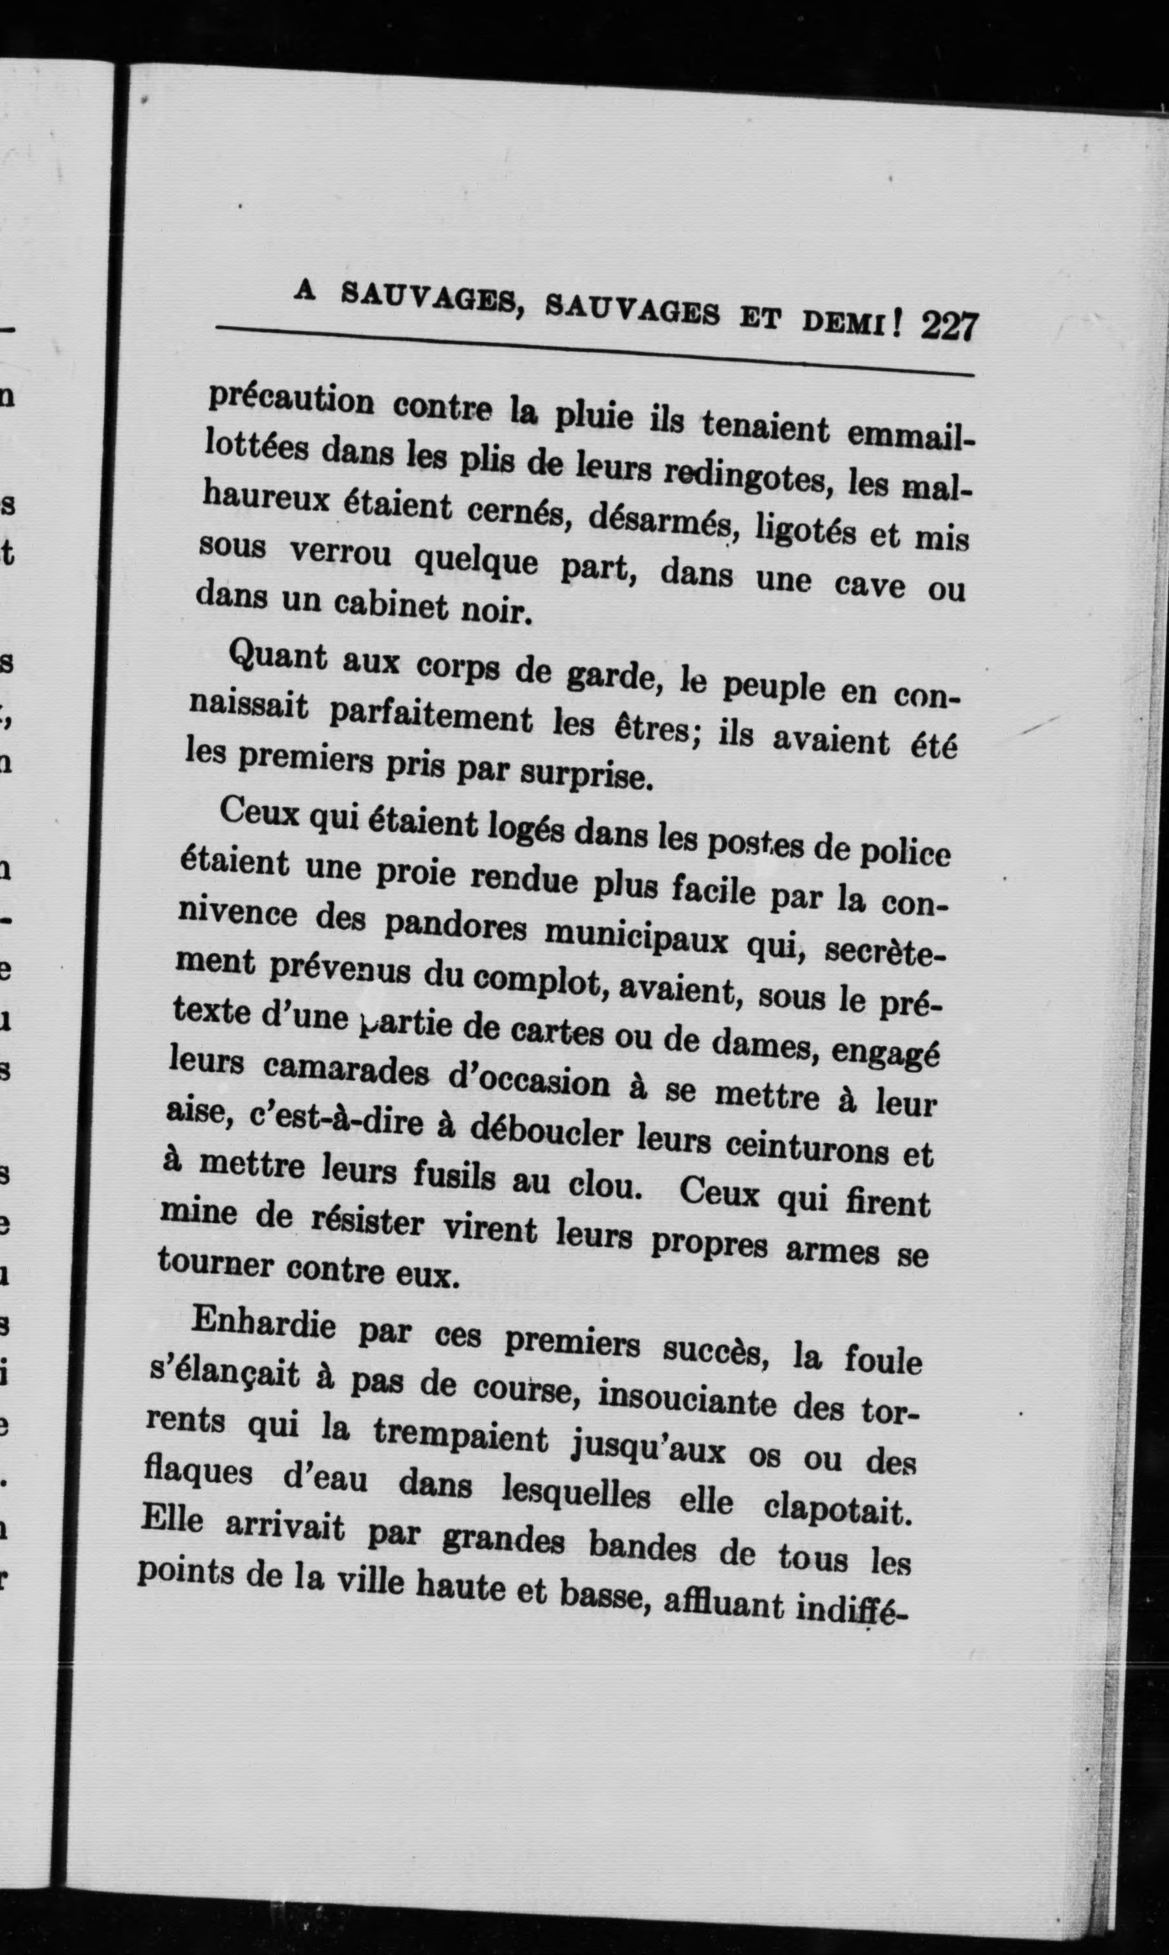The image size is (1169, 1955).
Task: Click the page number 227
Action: pos(949,325)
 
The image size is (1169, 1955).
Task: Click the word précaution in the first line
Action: pos(290,401)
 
